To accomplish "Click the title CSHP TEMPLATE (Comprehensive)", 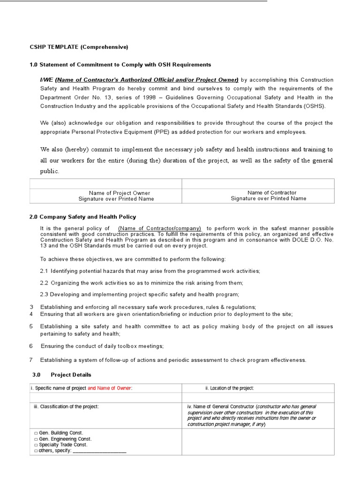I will point(79,47).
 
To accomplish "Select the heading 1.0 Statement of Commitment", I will point(120,65).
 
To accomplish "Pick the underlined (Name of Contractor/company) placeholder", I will point(160,228).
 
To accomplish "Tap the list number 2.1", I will point(44,271).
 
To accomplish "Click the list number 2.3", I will point(44,294).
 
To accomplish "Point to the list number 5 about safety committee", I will point(31,326).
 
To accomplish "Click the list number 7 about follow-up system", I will point(31,360).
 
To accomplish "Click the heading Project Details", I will point(71,375).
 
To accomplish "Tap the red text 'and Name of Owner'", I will point(110,388).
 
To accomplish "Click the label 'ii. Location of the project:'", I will point(230,388).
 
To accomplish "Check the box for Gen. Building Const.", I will point(36,433).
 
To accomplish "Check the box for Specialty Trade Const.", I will point(36,445).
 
